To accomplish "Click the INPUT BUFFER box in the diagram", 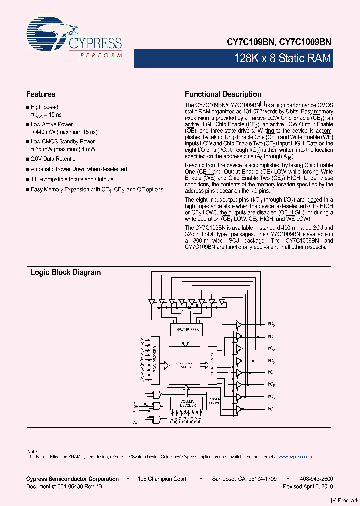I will click(186, 330).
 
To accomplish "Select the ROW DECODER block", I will click(155, 363).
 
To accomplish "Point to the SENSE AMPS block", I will click(212, 363).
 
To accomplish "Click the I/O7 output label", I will click(272, 409).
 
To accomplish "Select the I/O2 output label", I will click(272, 349).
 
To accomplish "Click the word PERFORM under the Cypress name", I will click(101, 55).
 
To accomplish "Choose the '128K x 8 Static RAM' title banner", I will click(282, 59).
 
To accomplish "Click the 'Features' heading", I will click(41, 94).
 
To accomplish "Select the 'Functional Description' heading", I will click(223, 94).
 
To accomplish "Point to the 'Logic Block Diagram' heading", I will click(66, 273).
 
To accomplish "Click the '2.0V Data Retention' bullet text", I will click(55, 159).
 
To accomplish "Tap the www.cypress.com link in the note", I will click(295, 457).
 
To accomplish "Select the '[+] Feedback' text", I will click(345, 501).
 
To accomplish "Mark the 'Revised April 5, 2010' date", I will click(308, 486).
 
